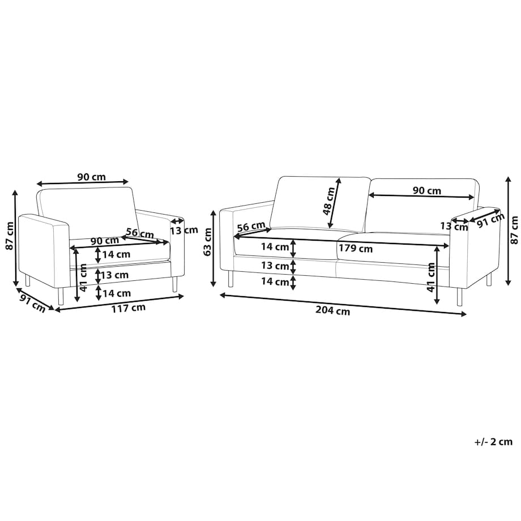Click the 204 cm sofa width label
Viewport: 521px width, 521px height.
(332, 311)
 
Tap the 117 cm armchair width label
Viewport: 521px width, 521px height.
(128, 308)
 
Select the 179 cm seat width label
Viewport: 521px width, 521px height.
(356, 249)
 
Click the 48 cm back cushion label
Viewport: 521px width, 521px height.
(328, 202)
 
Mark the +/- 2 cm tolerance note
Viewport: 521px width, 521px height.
(493, 442)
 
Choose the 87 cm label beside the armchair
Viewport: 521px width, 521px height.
(10, 236)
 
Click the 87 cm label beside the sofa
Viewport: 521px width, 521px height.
(515, 230)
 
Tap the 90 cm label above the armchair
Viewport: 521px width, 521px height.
(91, 177)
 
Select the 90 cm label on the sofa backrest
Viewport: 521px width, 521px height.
(427, 191)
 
